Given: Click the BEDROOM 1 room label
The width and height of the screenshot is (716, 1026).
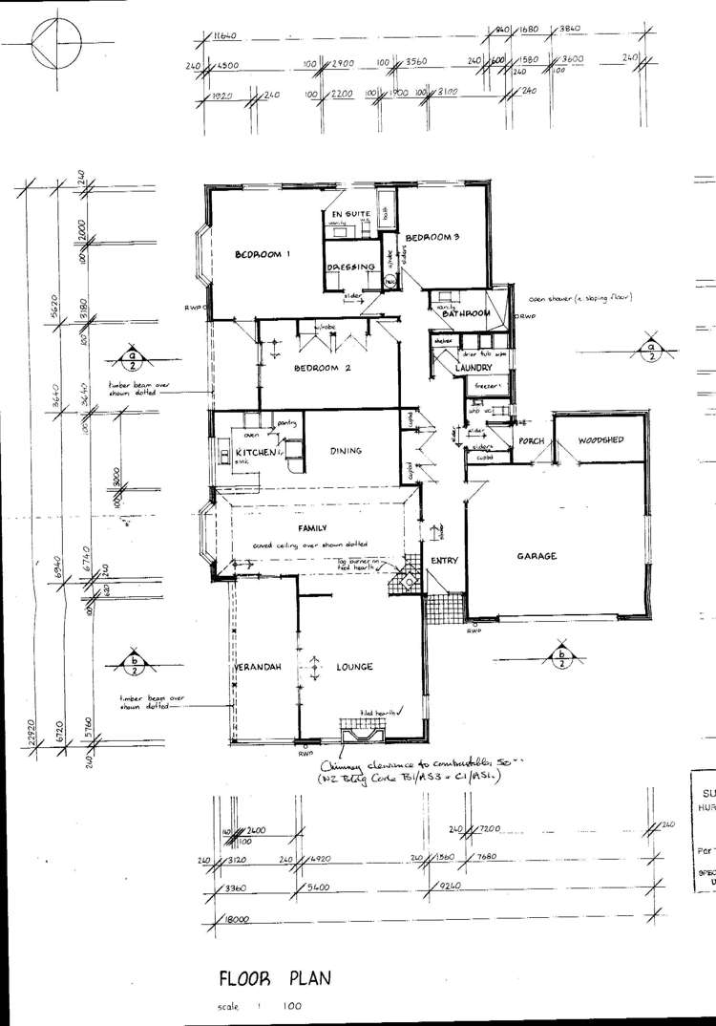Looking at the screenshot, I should click(x=263, y=254).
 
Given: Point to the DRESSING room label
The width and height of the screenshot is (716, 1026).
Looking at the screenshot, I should click(x=348, y=268).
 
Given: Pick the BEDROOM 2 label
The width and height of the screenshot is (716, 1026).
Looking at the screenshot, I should click(x=322, y=368).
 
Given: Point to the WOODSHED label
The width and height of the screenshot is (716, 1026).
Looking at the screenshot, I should click(x=600, y=440).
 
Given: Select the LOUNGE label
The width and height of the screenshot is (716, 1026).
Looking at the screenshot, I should click(x=353, y=667).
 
